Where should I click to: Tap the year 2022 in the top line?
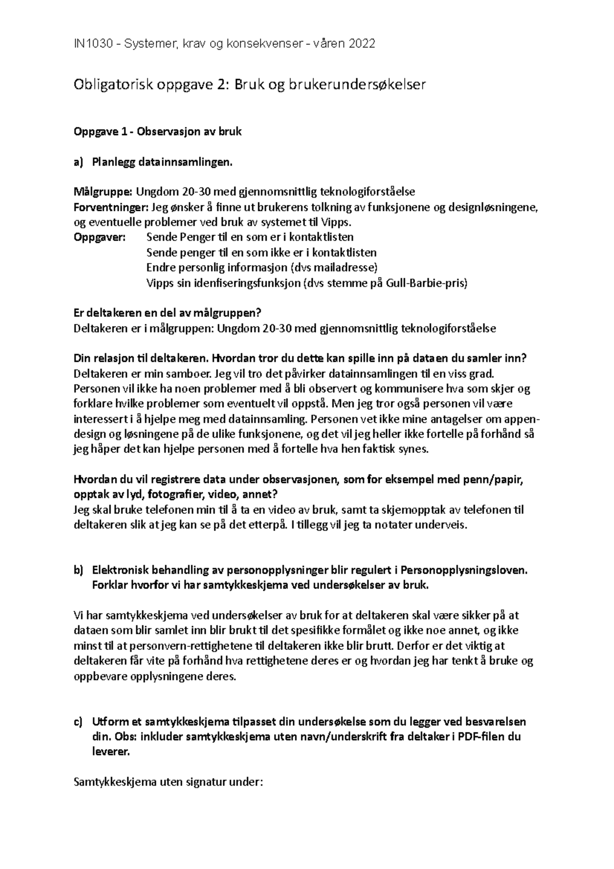tap(362, 44)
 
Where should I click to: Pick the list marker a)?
tap(78, 162)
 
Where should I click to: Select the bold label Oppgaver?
tap(99, 237)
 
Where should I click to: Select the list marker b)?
tap(78, 570)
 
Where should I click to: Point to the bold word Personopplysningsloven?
tap(464, 570)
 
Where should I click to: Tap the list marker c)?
tap(78, 722)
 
